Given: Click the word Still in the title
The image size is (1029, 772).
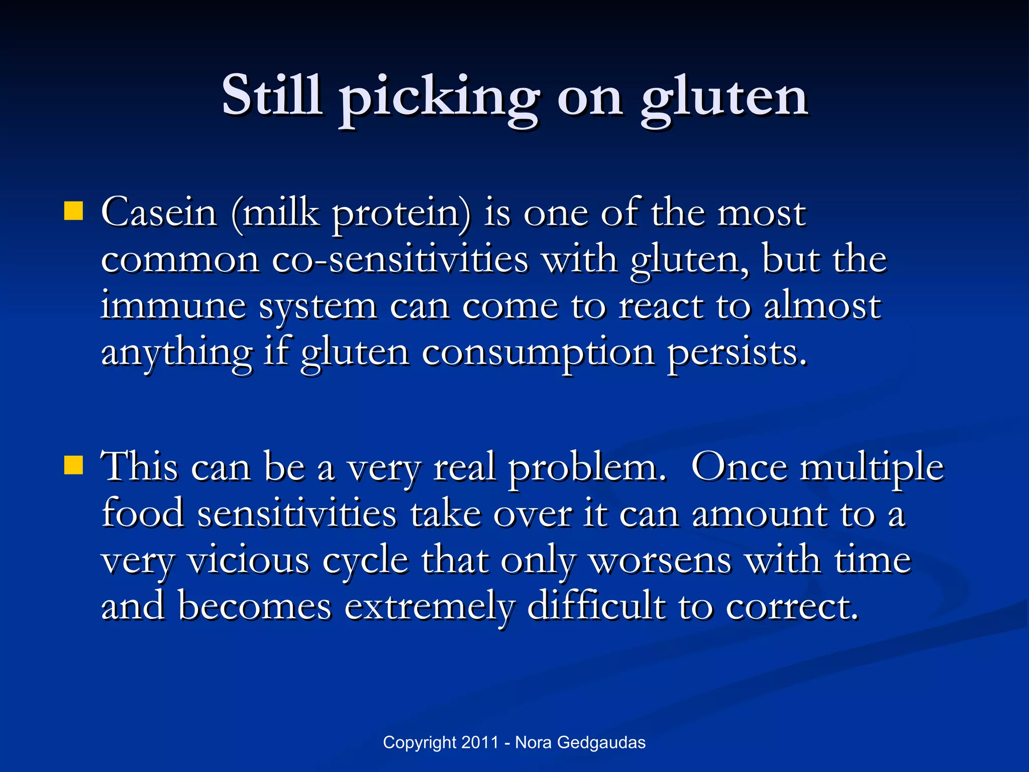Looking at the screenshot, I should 272,95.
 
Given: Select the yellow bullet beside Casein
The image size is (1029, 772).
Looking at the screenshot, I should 73,212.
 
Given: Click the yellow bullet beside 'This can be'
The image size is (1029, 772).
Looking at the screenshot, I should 73,465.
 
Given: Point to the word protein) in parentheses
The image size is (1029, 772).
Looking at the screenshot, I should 402,214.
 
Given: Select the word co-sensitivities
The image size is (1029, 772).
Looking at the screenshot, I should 400,260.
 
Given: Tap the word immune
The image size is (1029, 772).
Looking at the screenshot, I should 173,306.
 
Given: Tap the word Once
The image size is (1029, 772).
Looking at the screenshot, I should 739,467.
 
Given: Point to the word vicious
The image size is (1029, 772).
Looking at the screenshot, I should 249,560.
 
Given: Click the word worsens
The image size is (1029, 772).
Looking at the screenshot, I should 660,560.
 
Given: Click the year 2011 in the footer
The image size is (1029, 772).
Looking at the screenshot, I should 480,742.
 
